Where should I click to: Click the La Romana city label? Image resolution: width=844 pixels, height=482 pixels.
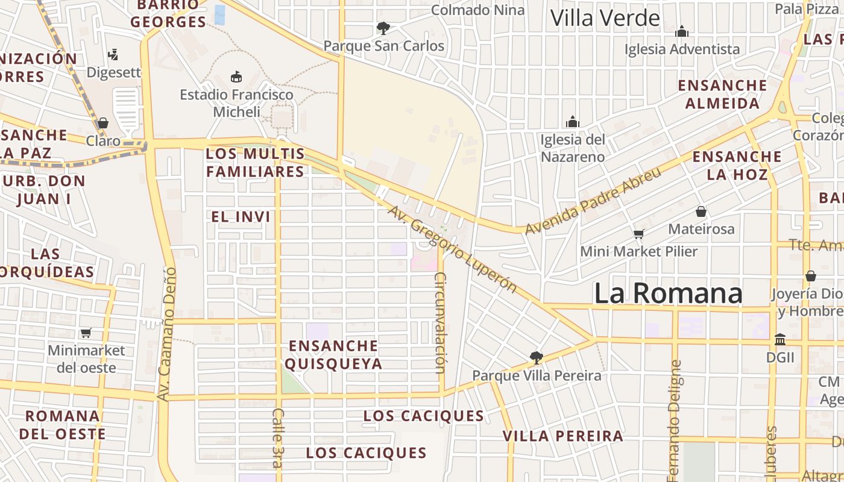[x=668, y=293]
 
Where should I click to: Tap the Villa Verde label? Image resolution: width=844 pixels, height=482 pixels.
[x=605, y=18]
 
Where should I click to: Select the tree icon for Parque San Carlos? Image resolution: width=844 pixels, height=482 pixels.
[x=383, y=28]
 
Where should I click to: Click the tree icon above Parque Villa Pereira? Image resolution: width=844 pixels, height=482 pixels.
[x=536, y=358]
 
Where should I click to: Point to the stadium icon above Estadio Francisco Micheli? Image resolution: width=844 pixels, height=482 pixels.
[x=236, y=77]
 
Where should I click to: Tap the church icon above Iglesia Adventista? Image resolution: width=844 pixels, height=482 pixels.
[x=682, y=31]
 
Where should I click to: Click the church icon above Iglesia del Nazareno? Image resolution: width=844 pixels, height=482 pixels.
[x=572, y=122]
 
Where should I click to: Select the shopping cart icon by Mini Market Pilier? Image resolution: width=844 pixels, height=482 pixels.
[x=638, y=234]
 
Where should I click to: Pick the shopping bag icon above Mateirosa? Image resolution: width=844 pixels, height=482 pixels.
[x=701, y=211]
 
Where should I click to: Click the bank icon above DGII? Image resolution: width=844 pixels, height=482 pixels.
[x=780, y=339]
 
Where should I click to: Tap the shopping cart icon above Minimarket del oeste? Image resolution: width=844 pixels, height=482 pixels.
[x=86, y=333]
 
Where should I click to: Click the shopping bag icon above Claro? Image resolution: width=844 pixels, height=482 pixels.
[x=103, y=124]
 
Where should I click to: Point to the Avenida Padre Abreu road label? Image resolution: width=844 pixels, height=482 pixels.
[x=593, y=201]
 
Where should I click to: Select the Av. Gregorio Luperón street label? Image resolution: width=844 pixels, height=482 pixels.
[x=452, y=249]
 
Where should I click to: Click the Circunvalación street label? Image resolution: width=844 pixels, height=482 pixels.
[x=440, y=323]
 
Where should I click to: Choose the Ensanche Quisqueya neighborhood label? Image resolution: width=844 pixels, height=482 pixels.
[x=333, y=355]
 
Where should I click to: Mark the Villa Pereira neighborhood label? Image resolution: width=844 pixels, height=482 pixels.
[x=563, y=436]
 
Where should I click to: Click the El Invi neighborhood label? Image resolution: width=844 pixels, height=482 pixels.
[x=241, y=217]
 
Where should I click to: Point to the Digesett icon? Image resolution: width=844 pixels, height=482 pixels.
[x=113, y=55]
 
